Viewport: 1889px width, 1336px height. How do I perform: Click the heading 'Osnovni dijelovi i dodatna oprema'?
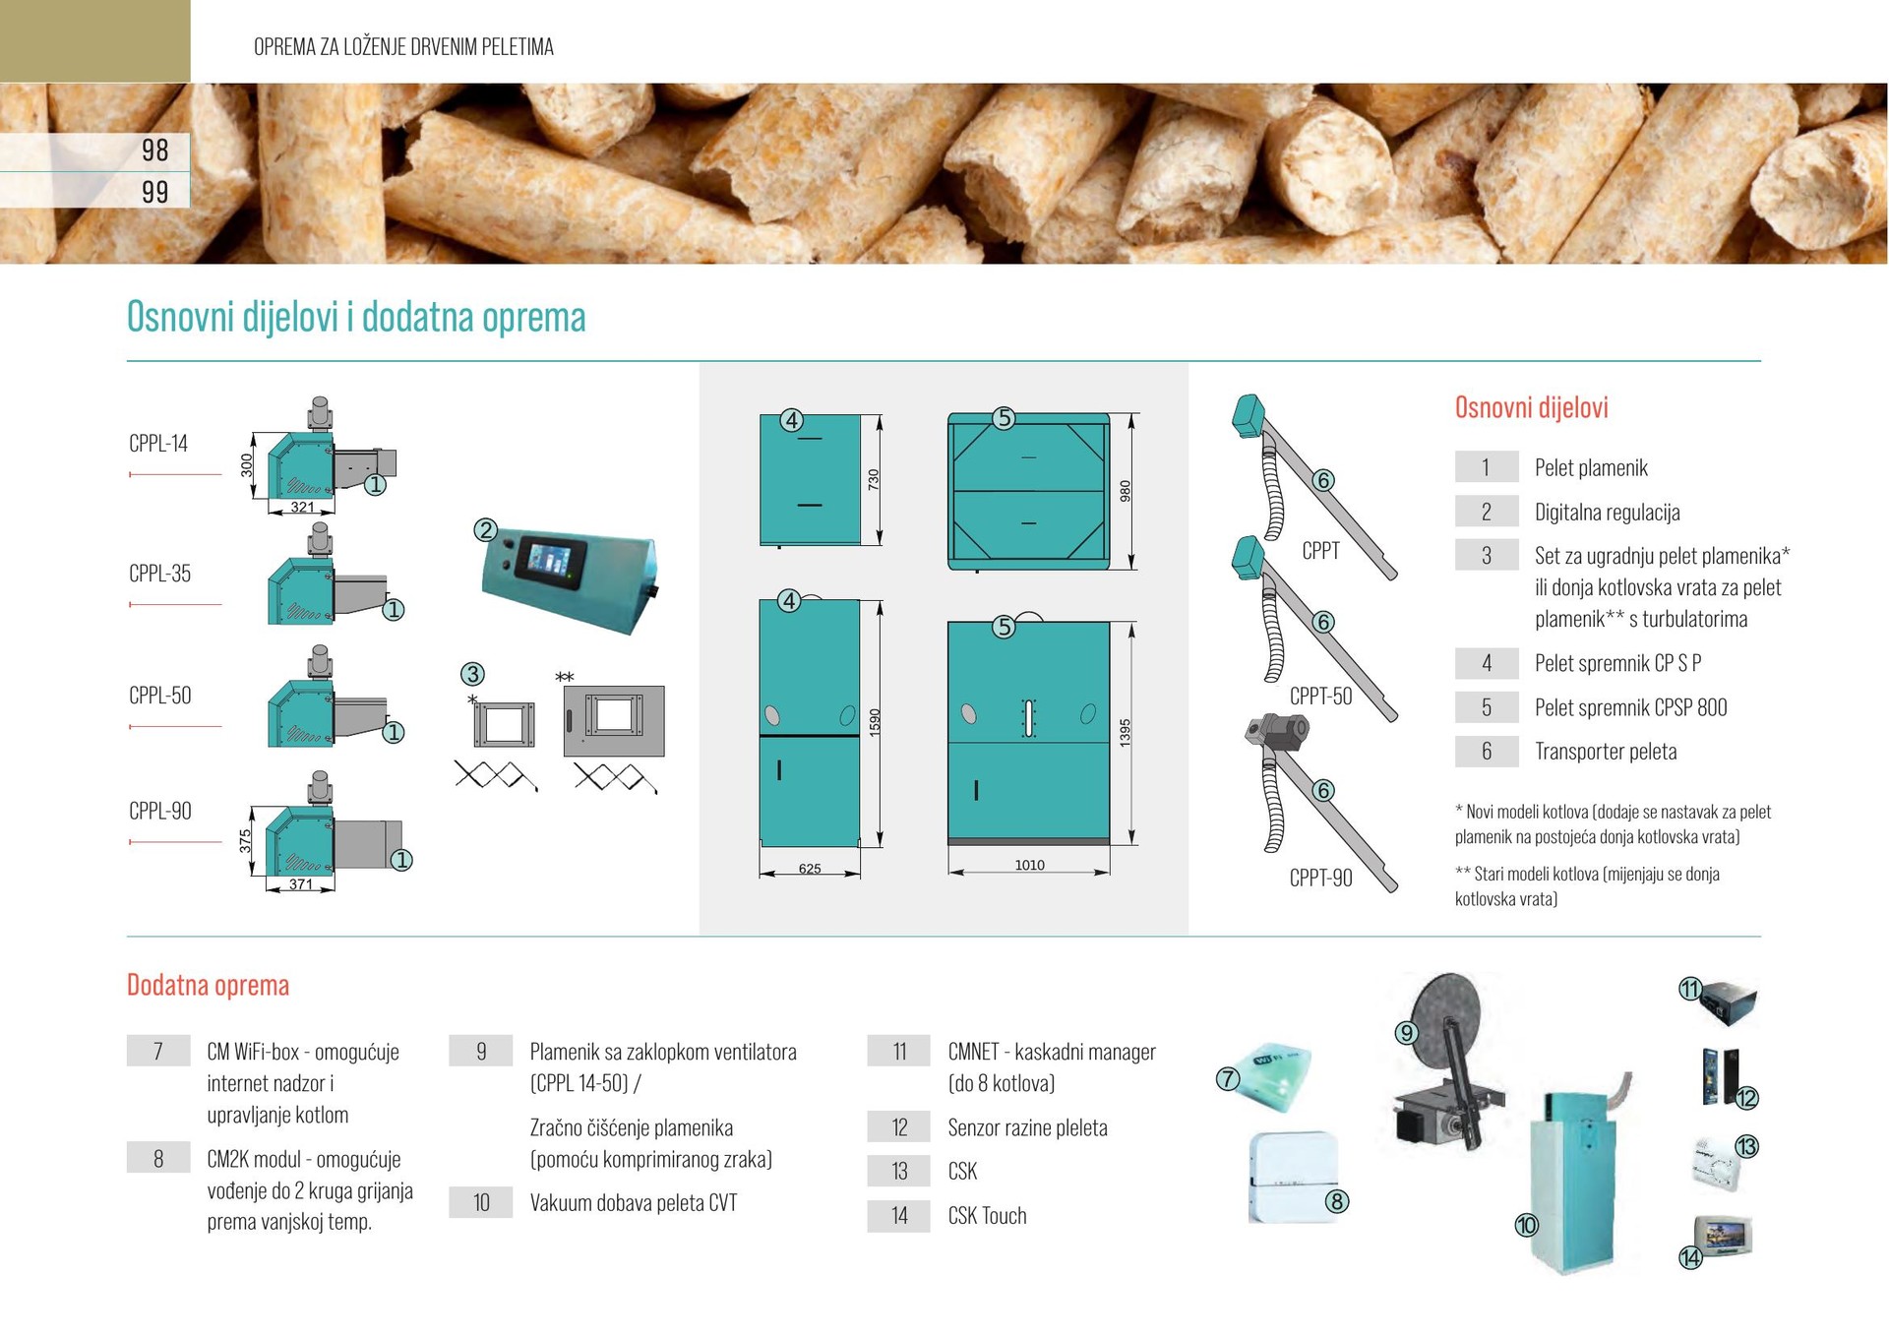[x=356, y=317]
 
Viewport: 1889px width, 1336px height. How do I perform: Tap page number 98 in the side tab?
[x=154, y=151]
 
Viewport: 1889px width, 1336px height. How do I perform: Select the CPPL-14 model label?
[x=158, y=444]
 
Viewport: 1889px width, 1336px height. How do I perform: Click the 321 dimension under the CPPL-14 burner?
[x=302, y=508]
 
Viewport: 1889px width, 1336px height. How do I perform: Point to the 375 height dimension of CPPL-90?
[x=245, y=840]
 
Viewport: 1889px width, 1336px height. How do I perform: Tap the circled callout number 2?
[x=485, y=530]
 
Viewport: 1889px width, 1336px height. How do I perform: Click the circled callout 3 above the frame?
[x=472, y=674]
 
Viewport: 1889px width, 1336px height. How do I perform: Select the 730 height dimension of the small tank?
[x=873, y=480]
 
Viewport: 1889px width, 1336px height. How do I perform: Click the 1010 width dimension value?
[x=1029, y=866]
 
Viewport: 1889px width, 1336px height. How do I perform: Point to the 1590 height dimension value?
[x=875, y=722]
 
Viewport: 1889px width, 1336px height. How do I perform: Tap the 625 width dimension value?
[x=810, y=869]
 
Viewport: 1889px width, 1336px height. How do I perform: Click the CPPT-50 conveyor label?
[x=1320, y=697]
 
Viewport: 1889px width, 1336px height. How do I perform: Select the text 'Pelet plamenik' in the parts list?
[x=1590, y=468]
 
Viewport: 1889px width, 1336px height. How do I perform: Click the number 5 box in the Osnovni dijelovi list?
[x=1486, y=707]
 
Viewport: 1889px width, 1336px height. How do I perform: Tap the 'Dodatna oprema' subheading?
[x=208, y=986]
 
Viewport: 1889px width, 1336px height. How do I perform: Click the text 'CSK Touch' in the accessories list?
[x=987, y=1216]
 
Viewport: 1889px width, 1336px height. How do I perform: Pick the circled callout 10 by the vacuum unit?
[x=1526, y=1225]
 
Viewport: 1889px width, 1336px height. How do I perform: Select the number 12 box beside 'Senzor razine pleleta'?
[x=898, y=1127]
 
